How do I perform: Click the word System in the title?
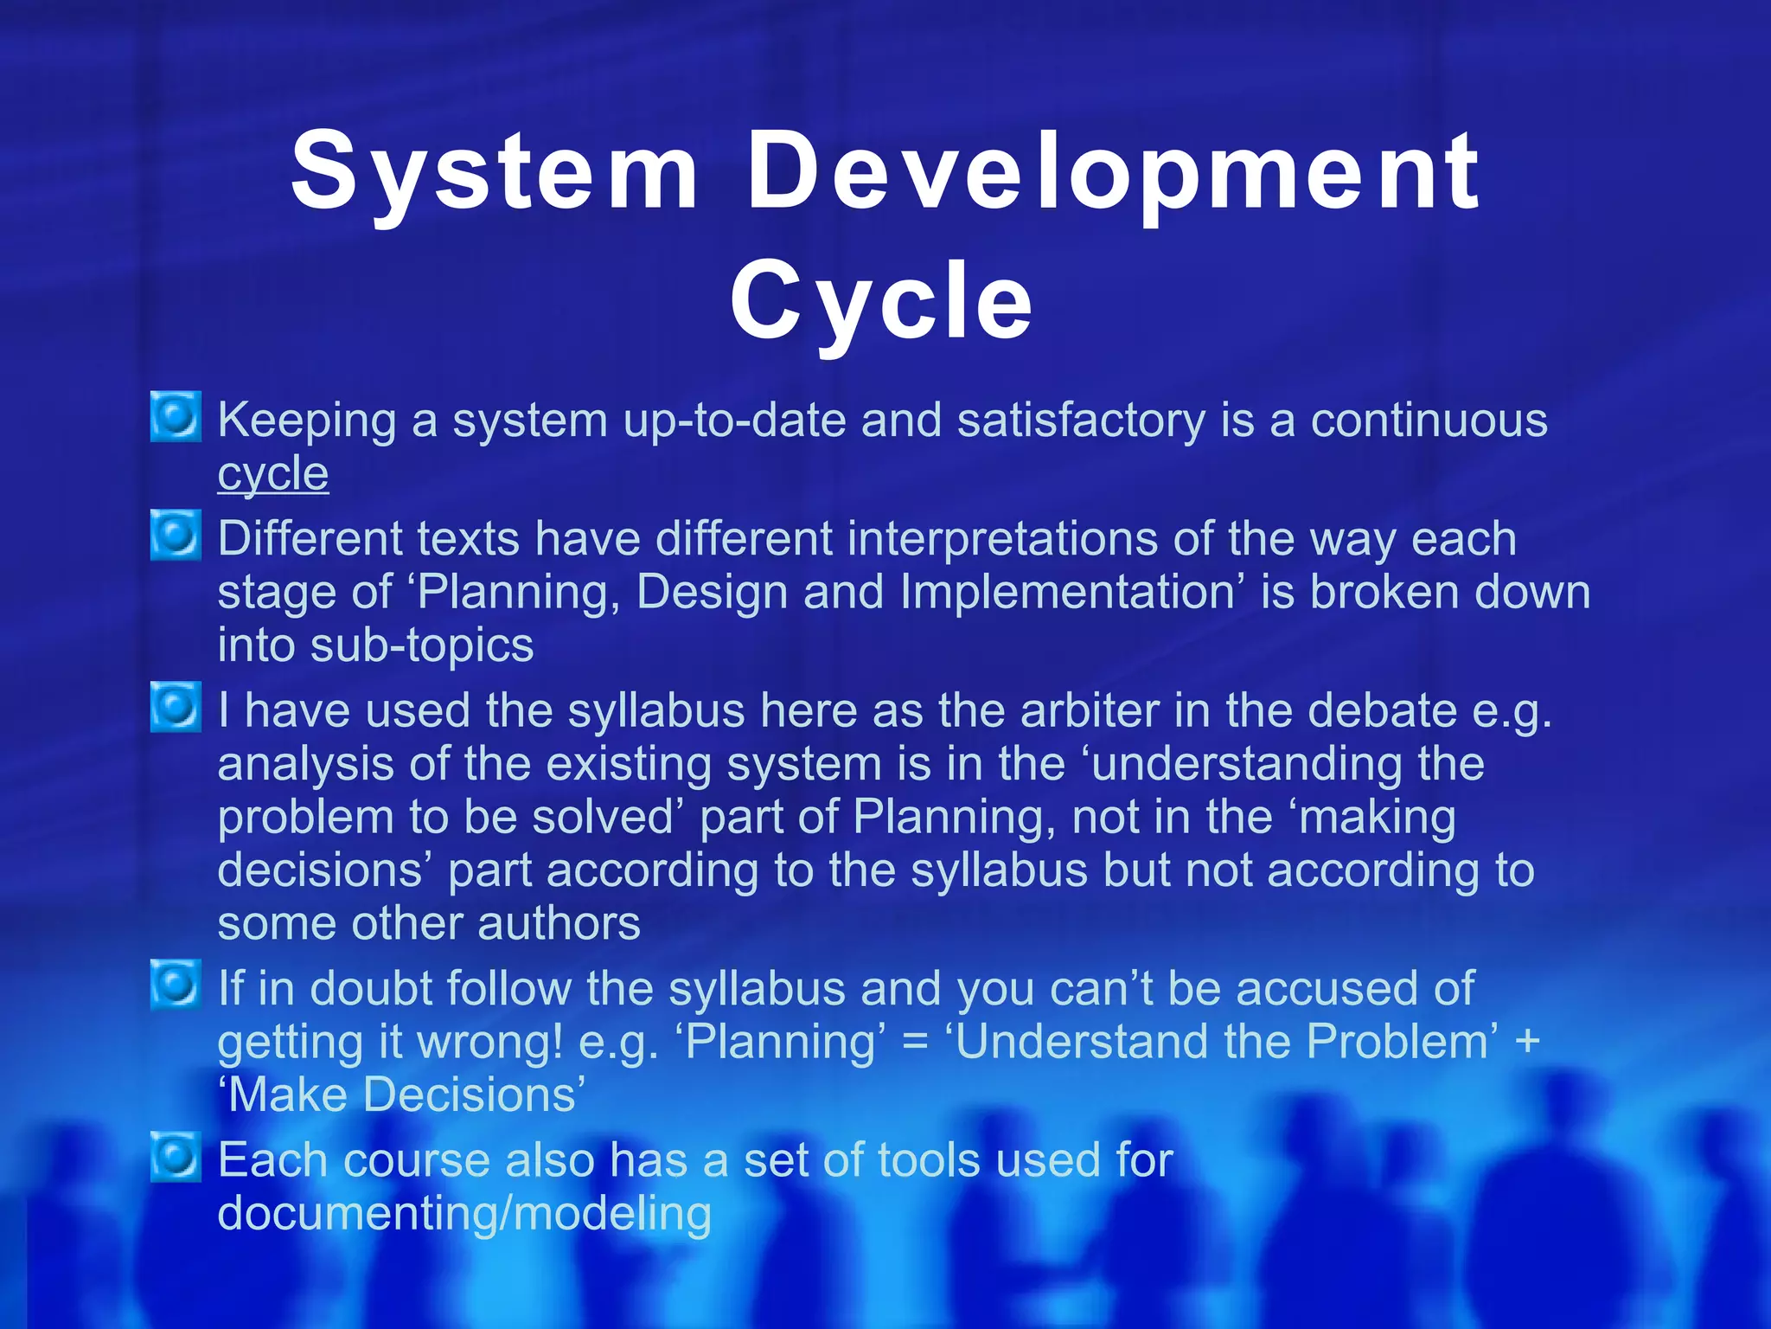click(494, 171)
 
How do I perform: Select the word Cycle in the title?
click(881, 301)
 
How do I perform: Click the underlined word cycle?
click(272, 474)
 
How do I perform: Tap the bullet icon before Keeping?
click(176, 417)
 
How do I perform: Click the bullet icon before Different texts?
click(176, 536)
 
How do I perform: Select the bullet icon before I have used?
click(176, 707)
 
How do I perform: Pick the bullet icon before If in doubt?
click(176, 985)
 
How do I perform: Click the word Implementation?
click(1066, 593)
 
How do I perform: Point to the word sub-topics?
click(422, 645)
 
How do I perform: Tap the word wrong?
click(489, 1042)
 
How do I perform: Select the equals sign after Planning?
click(915, 1042)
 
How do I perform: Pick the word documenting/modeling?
click(464, 1213)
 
